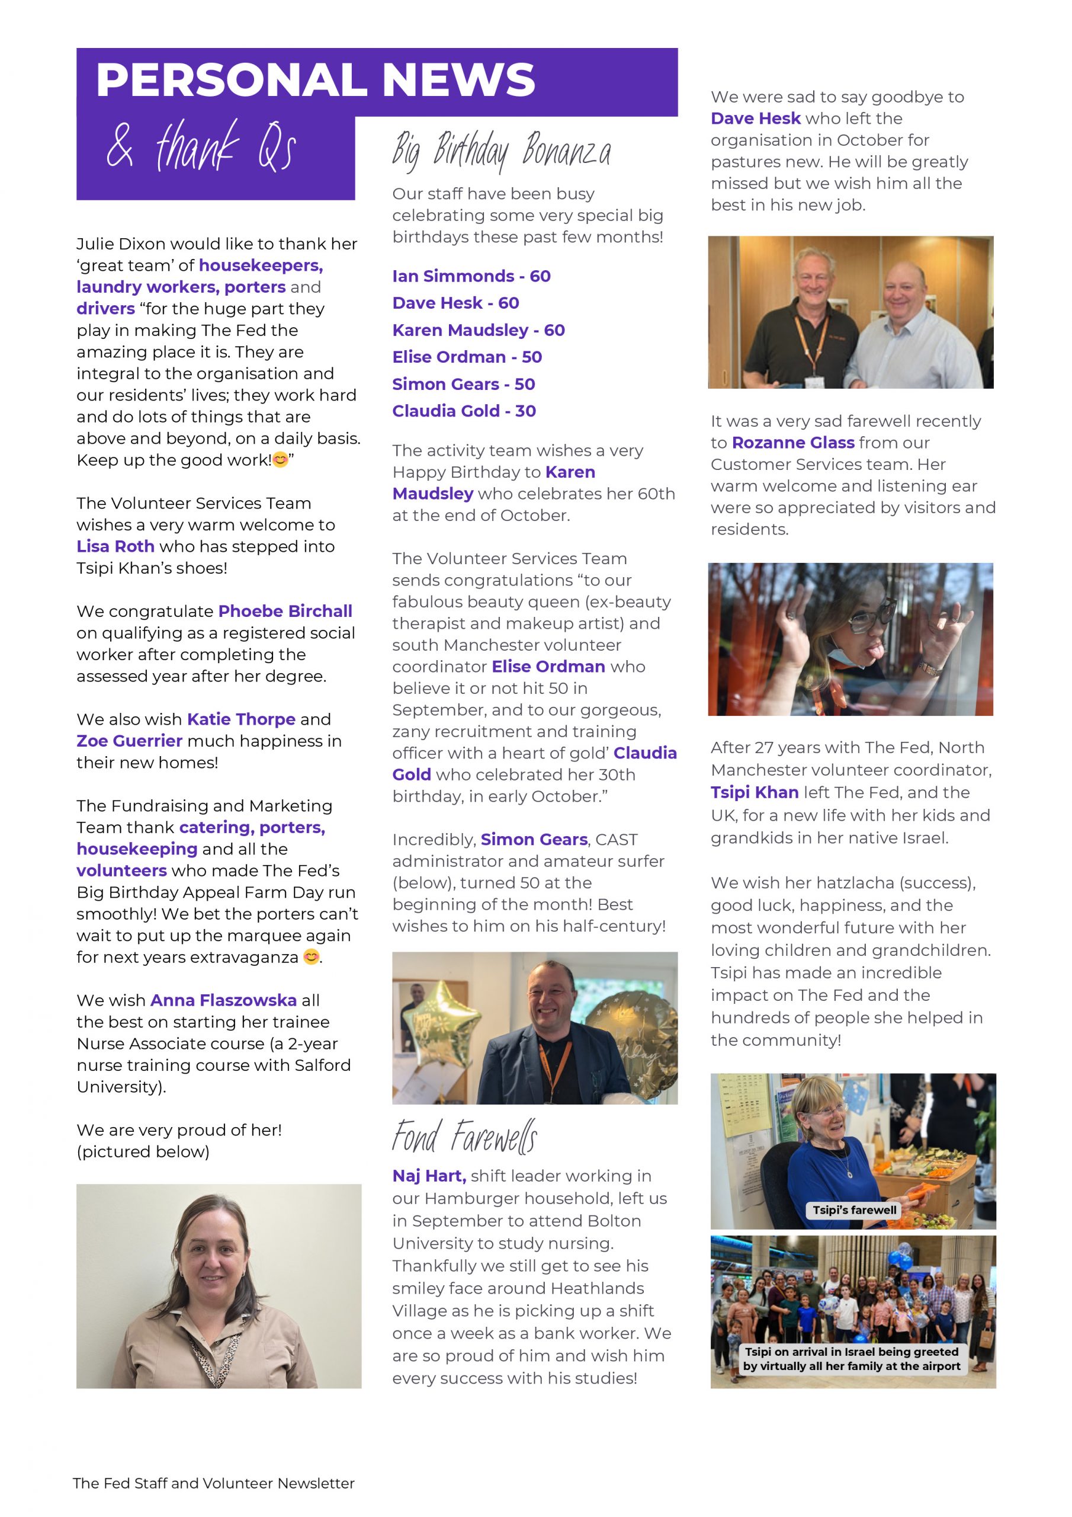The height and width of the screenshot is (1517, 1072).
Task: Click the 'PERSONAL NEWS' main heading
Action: coord(315,80)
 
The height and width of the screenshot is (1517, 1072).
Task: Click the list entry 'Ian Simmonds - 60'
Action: coord(471,276)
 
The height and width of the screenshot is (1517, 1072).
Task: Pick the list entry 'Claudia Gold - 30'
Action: coord(464,411)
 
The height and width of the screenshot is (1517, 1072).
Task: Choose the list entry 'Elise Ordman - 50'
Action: coord(466,357)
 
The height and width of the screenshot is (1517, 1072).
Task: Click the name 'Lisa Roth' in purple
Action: coord(115,546)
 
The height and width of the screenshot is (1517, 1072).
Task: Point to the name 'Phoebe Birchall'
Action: coord(285,611)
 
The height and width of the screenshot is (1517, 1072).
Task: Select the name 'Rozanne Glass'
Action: coord(792,443)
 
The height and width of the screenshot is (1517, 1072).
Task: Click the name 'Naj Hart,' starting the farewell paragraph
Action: coord(429,1176)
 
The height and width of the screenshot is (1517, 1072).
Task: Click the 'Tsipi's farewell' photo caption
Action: coord(854,1210)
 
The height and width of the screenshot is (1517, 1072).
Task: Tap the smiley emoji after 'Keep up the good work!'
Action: coord(280,460)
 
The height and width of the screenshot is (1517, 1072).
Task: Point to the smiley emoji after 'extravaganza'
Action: coord(311,956)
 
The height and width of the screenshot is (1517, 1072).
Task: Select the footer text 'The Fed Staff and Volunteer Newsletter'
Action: coord(213,1483)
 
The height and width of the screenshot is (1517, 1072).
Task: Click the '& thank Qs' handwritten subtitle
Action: coord(201,147)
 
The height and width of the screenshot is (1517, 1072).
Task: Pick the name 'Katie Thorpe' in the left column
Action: coord(241,719)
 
